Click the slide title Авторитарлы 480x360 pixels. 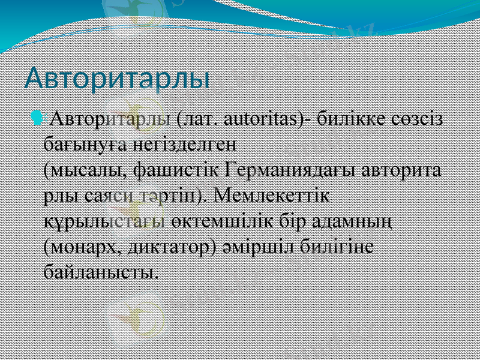pyautogui.click(x=118, y=79)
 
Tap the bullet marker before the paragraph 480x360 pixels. pyautogui.click(x=41, y=118)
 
